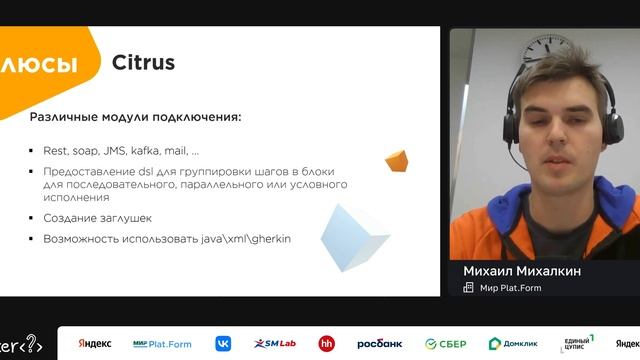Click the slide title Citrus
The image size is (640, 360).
pyautogui.click(x=143, y=63)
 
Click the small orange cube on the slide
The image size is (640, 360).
pyautogui.click(x=396, y=161)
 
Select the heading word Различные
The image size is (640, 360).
pyautogui.click(x=63, y=117)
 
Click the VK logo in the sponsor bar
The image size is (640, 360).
pyautogui.click(x=222, y=344)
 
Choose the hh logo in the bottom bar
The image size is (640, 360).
pyautogui.click(x=326, y=344)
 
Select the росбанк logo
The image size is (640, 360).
pyautogui.click(x=379, y=344)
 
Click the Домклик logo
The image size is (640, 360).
pyautogui.click(x=512, y=344)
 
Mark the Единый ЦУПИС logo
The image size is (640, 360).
pyautogui.click(x=577, y=344)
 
